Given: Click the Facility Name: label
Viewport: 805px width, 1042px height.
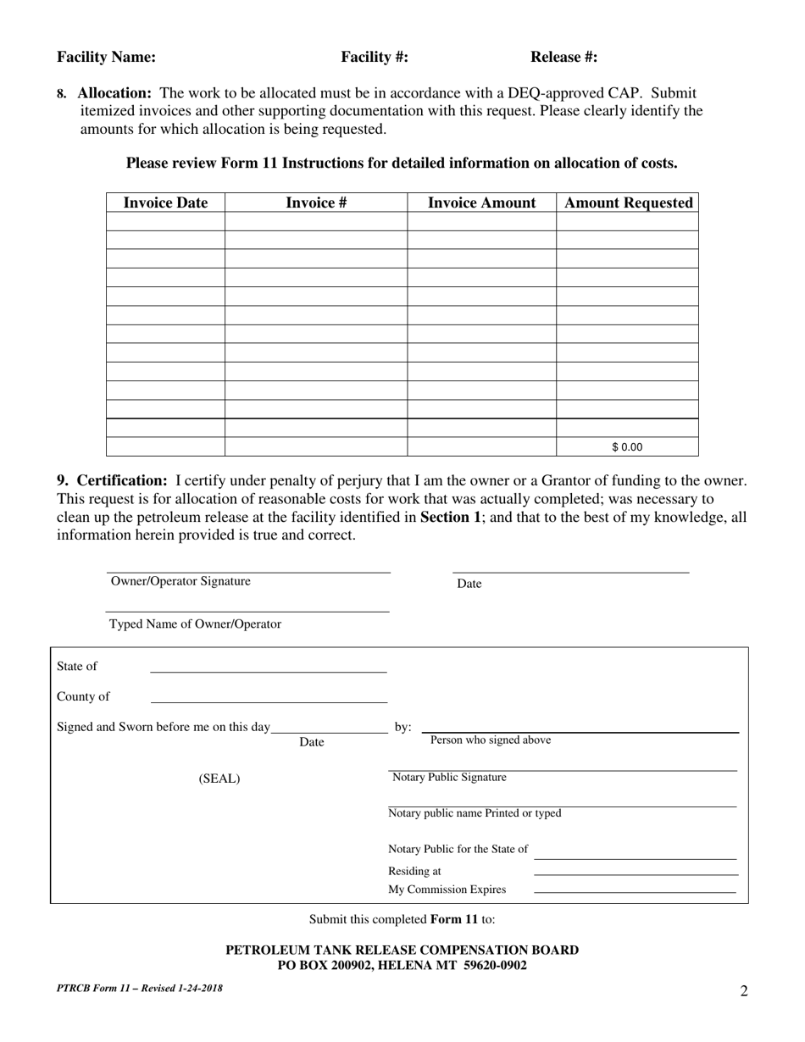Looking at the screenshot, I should (106, 58).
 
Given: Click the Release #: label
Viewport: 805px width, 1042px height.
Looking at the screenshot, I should (563, 58).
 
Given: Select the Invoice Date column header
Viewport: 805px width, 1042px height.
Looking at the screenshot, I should (165, 203).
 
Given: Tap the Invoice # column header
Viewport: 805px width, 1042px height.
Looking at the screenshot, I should (315, 203).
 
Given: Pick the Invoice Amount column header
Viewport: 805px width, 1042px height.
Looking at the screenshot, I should (481, 203).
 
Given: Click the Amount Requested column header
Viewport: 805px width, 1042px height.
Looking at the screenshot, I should (628, 203).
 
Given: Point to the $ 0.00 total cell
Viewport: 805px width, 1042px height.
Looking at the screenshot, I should (627, 447).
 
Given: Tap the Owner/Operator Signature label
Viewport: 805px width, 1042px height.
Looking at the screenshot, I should (180, 581).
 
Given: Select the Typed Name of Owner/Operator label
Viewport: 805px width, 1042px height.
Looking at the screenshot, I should (195, 624).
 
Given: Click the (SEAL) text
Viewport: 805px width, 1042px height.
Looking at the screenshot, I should (219, 779).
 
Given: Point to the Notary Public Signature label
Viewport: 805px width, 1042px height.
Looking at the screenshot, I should (449, 778).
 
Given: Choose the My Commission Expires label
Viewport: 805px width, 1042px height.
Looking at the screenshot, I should (447, 890).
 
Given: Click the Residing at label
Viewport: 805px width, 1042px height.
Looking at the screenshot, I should (414, 871).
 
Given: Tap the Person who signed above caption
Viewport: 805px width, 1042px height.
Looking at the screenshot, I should (491, 740).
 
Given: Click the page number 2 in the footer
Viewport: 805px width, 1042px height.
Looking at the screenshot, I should (744, 991).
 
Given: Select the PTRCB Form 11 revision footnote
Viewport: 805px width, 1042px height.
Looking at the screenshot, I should (140, 988).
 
